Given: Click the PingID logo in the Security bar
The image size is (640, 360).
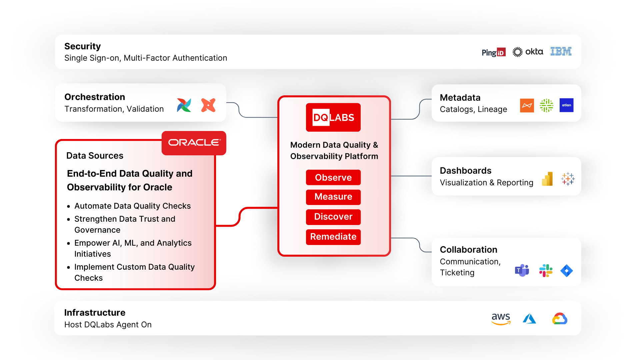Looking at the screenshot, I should click(x=493, y=52).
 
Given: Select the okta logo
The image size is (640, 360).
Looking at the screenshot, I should click(x=528, y=52).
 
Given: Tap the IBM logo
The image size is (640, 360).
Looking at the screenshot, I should click(x=561, y=51).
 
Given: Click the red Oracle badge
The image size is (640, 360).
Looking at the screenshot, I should click(x=194, y=143).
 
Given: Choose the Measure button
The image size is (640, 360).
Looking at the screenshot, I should click(x=333, y=197).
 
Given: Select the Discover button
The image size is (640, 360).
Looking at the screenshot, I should click(x=333, y=217).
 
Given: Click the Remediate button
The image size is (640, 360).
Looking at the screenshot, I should click(x=333, y=237).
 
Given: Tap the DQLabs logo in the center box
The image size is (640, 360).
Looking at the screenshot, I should click(x=333, y=117).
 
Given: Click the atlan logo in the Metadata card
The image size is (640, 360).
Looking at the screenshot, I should click(x=566, y=105).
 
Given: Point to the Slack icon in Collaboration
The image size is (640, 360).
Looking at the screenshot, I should click(x=546, y=271).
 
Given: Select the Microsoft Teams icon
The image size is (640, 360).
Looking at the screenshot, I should click(x=522, y=270).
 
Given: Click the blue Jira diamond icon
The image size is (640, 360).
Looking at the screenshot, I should click(x=566, y=271).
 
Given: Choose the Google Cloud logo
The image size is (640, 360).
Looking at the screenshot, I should click(x=560, y=319).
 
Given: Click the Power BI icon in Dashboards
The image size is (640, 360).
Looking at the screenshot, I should click(x=547, y=179).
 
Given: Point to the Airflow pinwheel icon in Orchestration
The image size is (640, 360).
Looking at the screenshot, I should click(x=184, y=105).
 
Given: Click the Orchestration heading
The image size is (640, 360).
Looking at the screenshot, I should click(x=95, y=97).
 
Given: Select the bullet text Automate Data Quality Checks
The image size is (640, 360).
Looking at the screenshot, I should click(x=132, y=206).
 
